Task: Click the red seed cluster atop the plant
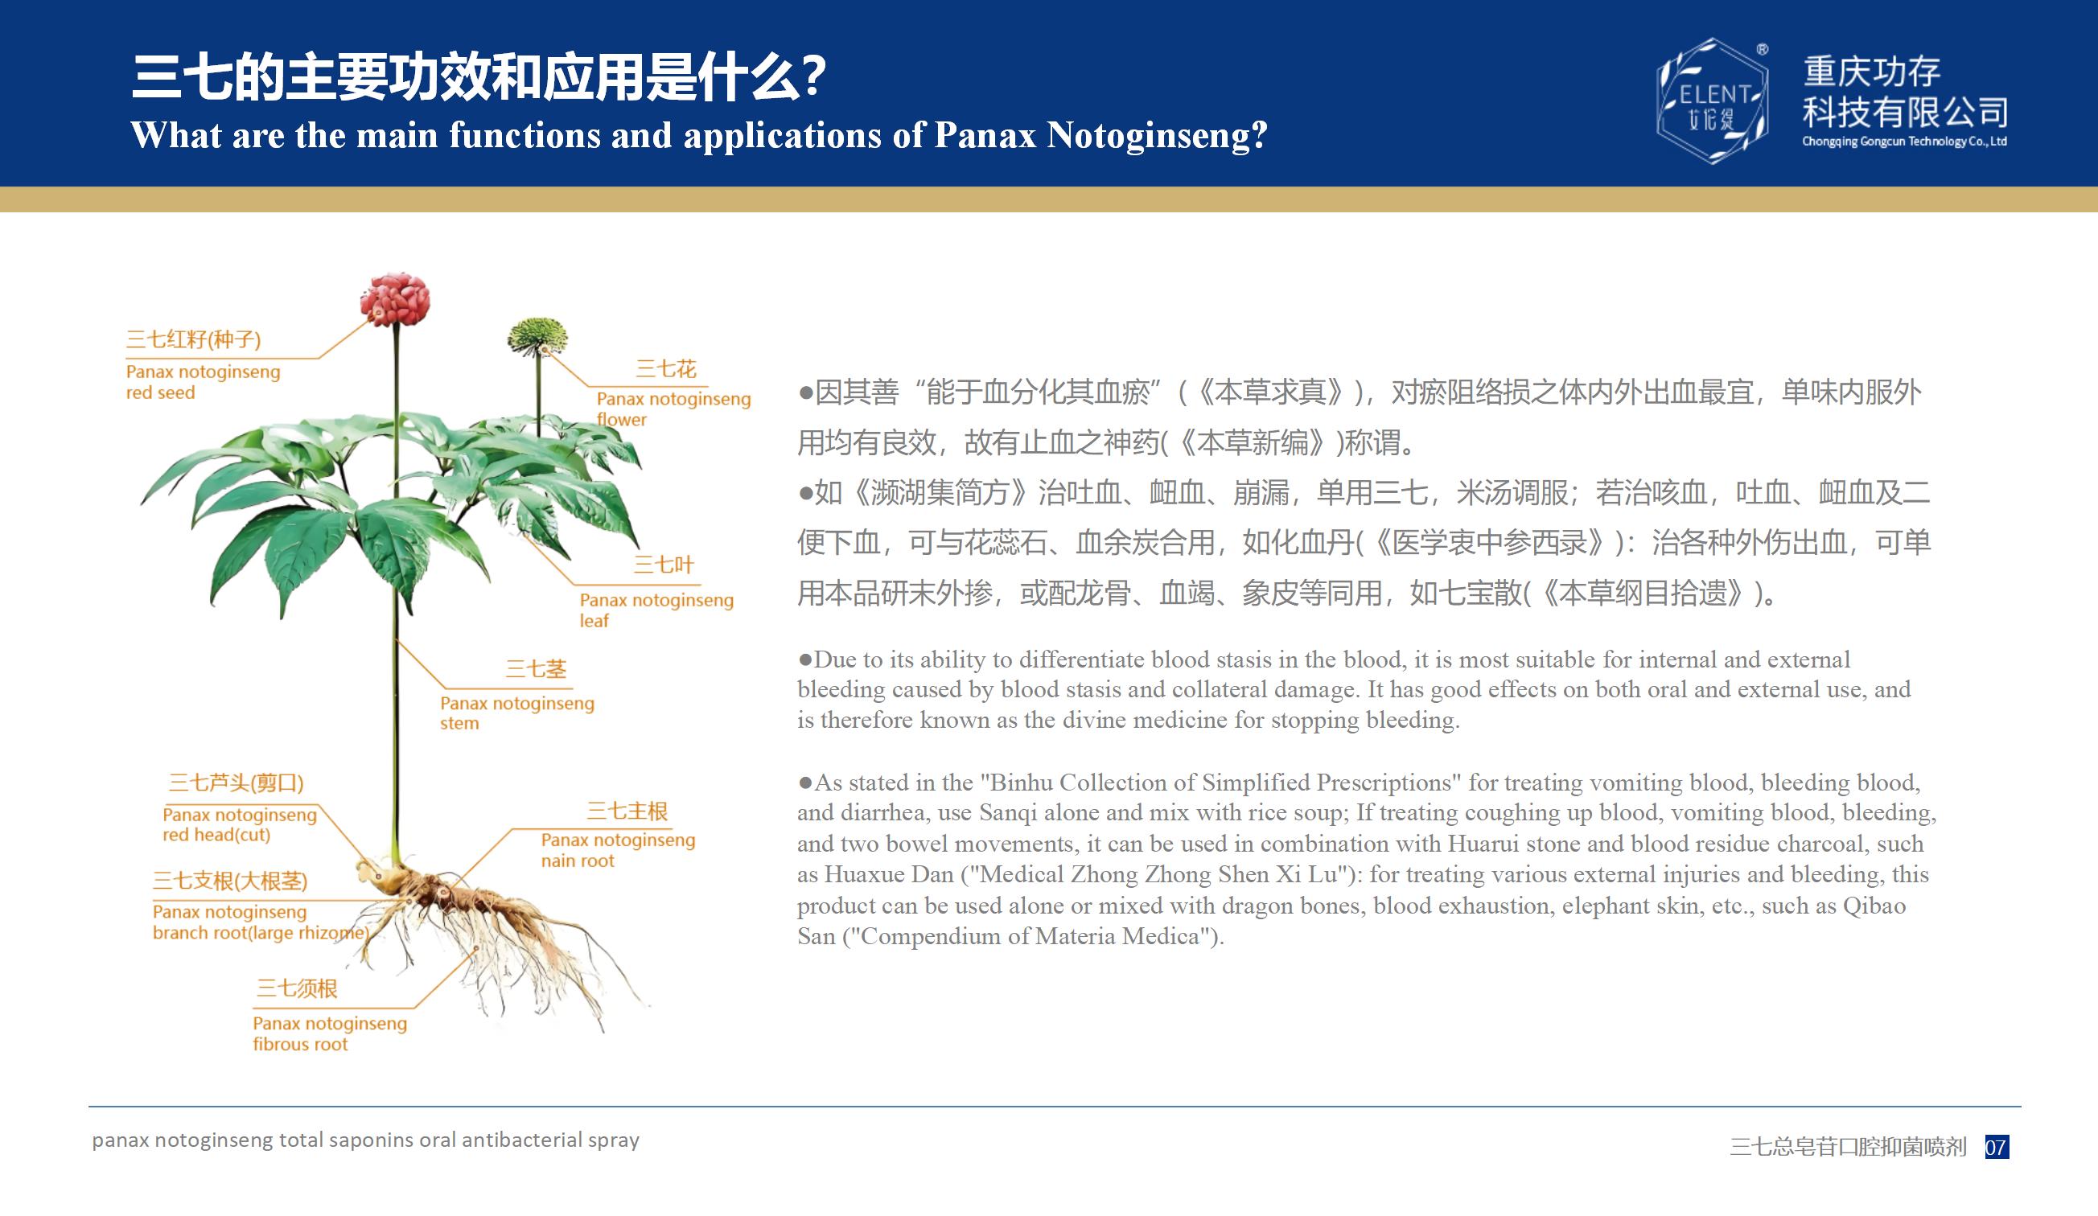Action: [395, 298]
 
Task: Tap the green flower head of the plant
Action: [537, 336]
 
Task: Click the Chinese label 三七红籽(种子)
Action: [193, 339]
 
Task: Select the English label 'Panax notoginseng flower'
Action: [673, 409]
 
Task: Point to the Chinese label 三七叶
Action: [664, 565]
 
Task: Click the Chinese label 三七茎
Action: [535, 669]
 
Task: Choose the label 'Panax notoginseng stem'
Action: [517, 713]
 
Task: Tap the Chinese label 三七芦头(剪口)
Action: [236, 783]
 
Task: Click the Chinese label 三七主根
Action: [627, 811]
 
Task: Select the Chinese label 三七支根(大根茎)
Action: [230, 881]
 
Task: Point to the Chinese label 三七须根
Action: [296, 988]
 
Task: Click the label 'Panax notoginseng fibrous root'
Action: [330, 1033]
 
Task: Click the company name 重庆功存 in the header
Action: [1873, 72]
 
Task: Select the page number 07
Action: [1997, 1147]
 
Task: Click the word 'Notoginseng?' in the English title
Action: [1158, 136]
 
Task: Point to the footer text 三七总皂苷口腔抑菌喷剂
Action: [1849, 1147]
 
